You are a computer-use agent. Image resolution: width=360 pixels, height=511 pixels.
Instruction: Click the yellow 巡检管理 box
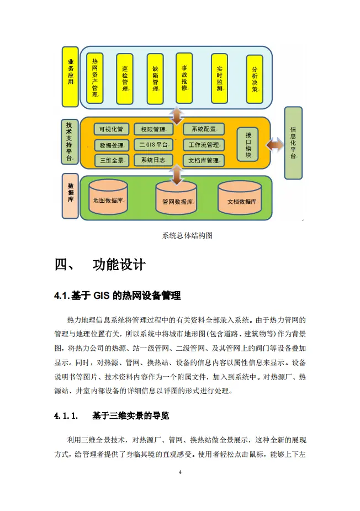pyautogui.click(x=124, y=79)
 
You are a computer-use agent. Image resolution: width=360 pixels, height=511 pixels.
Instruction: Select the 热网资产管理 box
pyautogui.click(x=95, y=78)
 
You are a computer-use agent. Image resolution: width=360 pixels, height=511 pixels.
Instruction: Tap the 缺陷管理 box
pyautogui.click(x=155, y=79)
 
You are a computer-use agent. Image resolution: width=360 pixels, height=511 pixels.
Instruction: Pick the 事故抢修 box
pyautogui.click(x=184, y=78)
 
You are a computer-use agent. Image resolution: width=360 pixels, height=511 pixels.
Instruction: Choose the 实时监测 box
pyautogui.click(x=219, y=78)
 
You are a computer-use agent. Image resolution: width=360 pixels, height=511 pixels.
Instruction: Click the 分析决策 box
pyautogui.click(x=255, y=79)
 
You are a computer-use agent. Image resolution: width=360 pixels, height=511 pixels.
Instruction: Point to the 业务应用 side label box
pyautogui.click(x=70, y=77)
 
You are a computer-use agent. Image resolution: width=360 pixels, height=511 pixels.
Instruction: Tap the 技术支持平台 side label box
pyautogui.click(x=69, y=142)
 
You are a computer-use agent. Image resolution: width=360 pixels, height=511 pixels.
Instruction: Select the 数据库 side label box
pyautogui.click(x=70, y=196)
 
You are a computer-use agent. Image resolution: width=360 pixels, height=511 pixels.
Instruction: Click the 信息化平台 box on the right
pyautogui.click(x=293, y=143)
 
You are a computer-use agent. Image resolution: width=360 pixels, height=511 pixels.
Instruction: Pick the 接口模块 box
pyautogui.click(x=248, y=145)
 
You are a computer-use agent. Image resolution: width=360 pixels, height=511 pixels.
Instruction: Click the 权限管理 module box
pyautogui.click(x=153, y=129)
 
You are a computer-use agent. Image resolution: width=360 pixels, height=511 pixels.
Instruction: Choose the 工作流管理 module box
pyautogui.click(x=204, y=145)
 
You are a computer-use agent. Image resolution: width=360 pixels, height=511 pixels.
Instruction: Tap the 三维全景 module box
pyautogui.click(x=112, y=160)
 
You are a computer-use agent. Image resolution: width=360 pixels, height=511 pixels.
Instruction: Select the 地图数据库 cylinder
pyautogui.click(x=108, y=197)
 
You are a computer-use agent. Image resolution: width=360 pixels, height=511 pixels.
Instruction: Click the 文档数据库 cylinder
pyautogui.click(x=240, y=198)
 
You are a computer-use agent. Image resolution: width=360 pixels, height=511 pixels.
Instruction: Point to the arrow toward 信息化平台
pyautogui.click(x=275, y=144)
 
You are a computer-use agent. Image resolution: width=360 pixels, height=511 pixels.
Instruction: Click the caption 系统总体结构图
pyautogui.click(x=187, y=236)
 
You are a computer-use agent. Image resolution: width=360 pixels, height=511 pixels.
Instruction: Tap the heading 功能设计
pyautogui.click(x=119, y=265)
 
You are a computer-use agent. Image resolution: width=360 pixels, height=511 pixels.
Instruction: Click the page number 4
pyautogui.click(x=180, y=472)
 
